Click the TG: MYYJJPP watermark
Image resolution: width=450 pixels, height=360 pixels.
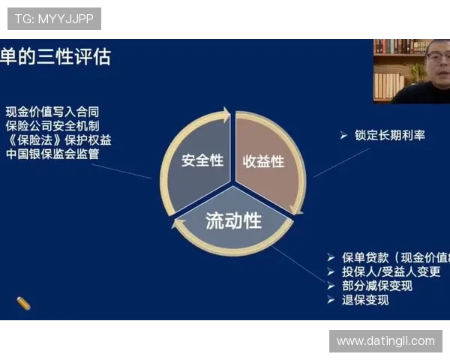(54, 19)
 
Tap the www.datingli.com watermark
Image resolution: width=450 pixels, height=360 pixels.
(385, 341)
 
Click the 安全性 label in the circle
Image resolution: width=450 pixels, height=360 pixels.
(202, 160)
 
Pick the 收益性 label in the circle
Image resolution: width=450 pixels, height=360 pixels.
(263, 160)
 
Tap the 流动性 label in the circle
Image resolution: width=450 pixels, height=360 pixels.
(233, 220)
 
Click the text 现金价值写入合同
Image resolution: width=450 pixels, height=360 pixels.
(52, 112)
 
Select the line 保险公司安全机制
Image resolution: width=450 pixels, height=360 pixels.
(52, 126)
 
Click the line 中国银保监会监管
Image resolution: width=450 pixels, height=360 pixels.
(52, 154)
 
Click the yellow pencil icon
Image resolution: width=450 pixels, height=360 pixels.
(23, 304)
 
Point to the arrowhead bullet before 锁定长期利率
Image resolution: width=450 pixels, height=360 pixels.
(343, 136)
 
